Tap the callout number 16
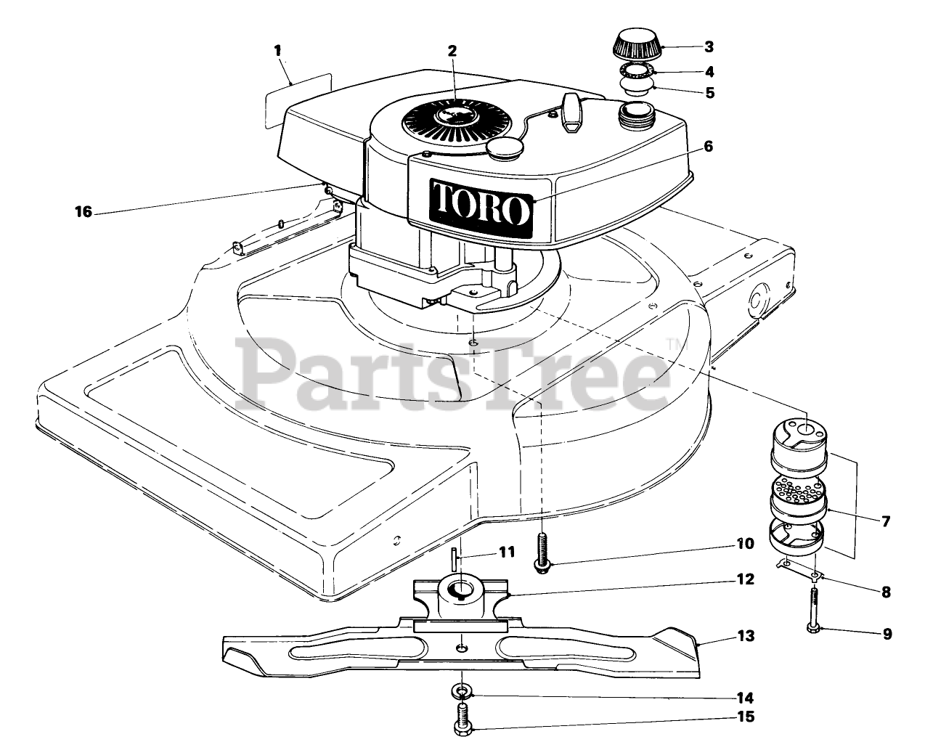pos(83,212)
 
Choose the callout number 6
pos(708,147)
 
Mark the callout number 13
pos(746,636)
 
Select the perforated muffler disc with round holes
pos(797,492)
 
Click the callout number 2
pos(452,51)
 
